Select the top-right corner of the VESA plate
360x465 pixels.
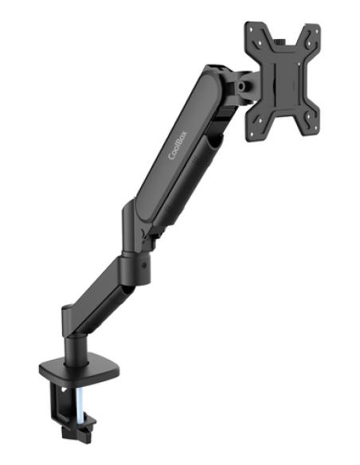(316, 30)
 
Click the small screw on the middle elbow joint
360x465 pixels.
(143, 265)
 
